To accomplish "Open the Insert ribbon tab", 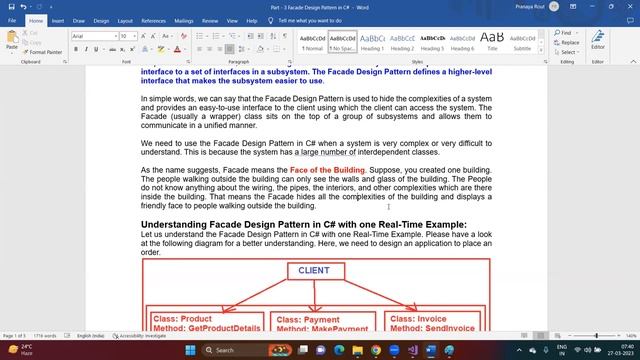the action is pyautogui.click(x=59, y=20).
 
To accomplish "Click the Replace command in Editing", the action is pyautogui.click(x=568, y=43).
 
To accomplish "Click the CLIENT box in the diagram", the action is pyautogui.click(x=313, y=271).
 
